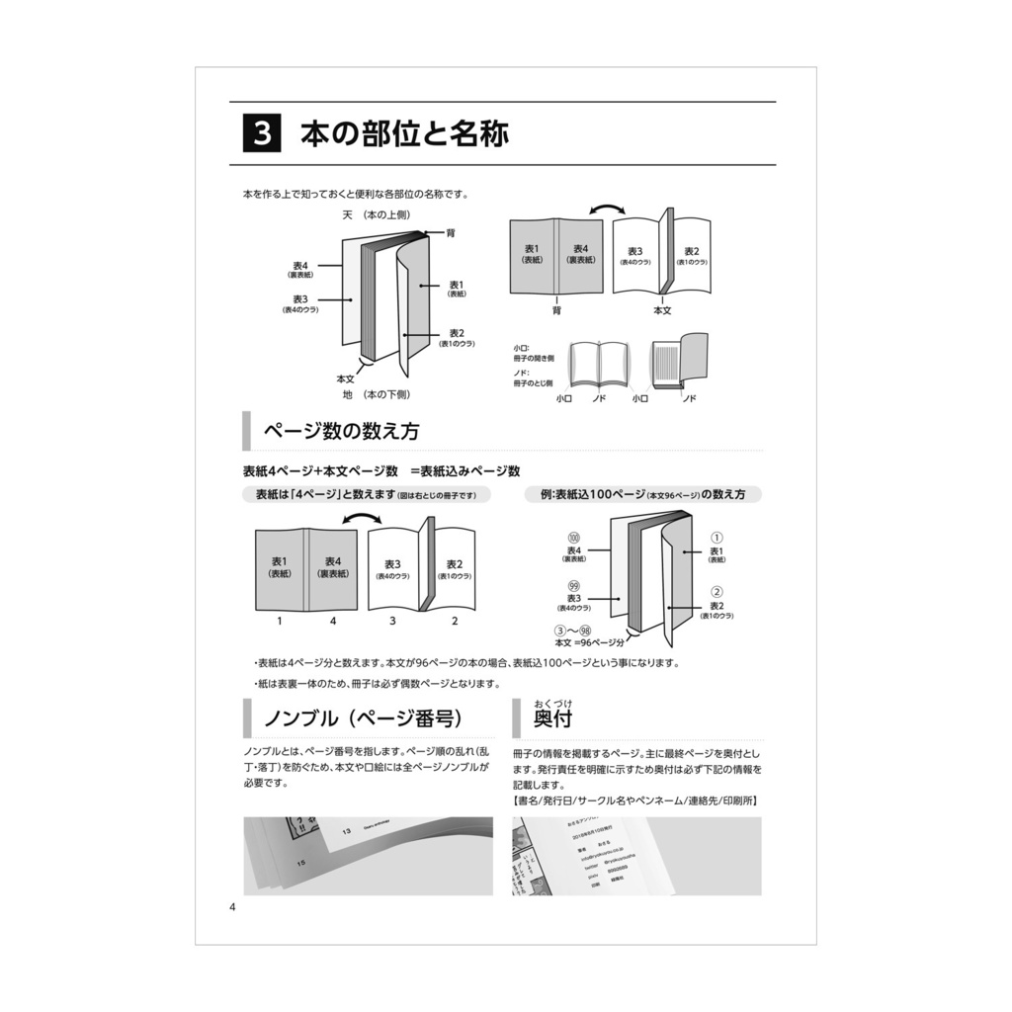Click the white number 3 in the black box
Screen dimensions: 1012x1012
pos(262,133)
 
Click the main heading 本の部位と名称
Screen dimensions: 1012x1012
pos(404,133)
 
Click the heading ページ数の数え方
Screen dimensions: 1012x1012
pos(341,432)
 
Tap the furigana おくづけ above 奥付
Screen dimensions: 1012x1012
pos(553,703)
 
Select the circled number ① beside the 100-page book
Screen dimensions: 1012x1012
pos(717,538)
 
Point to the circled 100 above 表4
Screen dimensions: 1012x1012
pos(573,537)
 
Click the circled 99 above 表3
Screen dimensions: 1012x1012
pos(573,585)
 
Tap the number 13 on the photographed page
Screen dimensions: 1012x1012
pos(346,831)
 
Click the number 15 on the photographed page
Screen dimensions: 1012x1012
pos(300,864)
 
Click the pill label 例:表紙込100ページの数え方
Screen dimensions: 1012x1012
pos(642,494)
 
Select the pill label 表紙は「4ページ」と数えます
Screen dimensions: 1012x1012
pos(366,494)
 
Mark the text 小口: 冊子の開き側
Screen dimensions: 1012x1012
pos(534,353)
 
